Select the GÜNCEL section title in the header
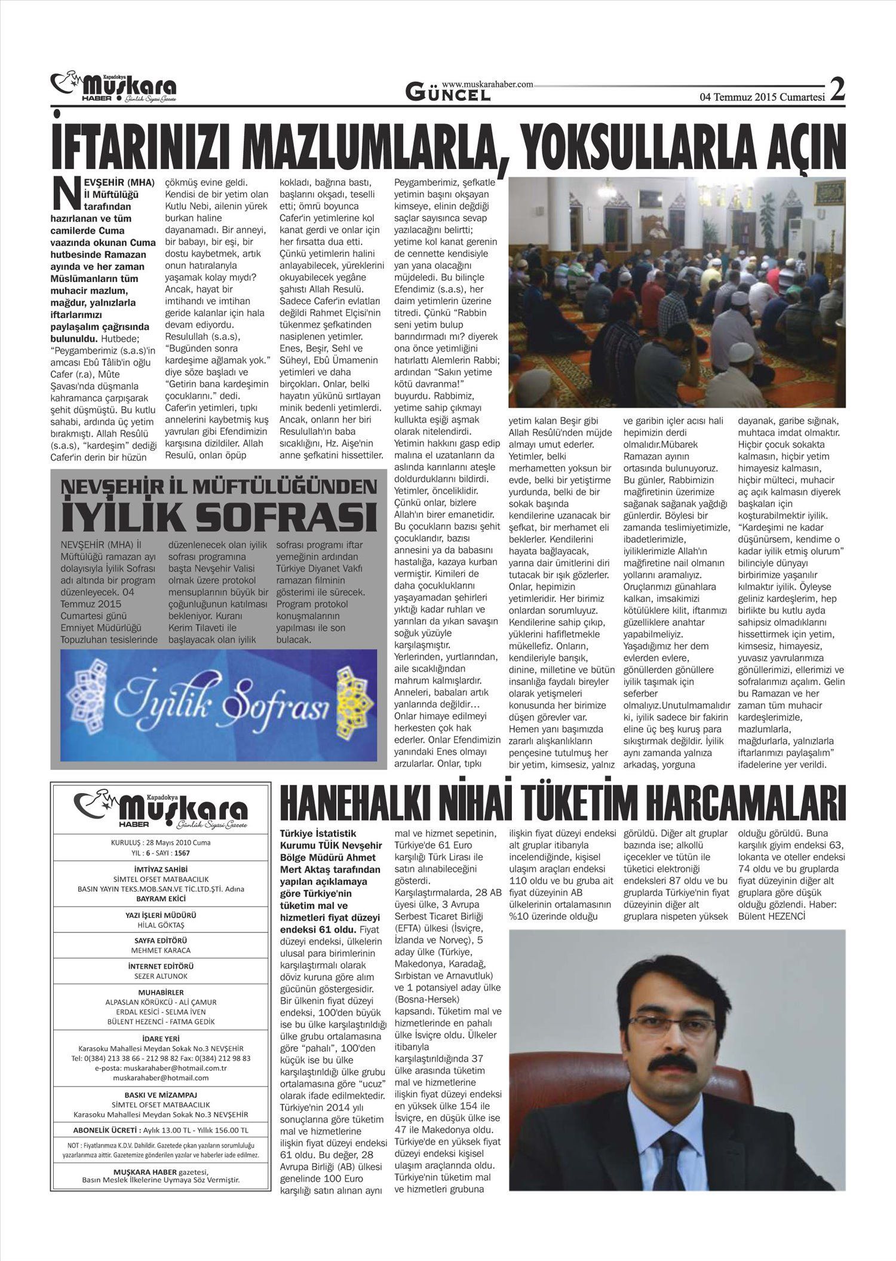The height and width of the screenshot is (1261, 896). tap(448, 93)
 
